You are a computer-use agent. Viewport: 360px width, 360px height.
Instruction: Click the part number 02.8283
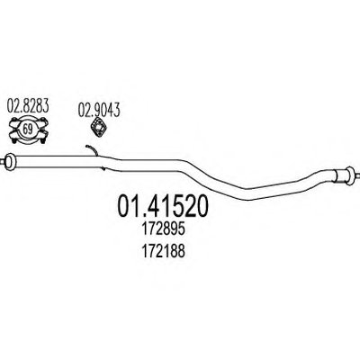pyautogui.click(x=28, y=106)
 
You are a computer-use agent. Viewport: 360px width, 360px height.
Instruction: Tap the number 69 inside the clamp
pyautogui.click(x=28, y=130)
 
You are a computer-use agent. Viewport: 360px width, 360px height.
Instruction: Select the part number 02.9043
pyautogui.click(x=99, y=110)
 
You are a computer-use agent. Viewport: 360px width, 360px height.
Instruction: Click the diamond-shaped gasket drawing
pyautogui.click(x=99, y=128)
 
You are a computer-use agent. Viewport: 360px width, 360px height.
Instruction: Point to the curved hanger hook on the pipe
pyautogui.click(x=93, y=148)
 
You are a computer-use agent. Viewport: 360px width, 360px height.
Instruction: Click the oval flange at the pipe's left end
pyautogui.click(x=11, y=160)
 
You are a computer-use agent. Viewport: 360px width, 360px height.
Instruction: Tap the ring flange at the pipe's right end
pyautogui.click(x=350, y=174)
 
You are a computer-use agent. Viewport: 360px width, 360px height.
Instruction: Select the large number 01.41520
pyautogui.click(x=162, y=206)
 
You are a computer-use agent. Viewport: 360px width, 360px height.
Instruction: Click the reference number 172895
pyautogui.click(x=162, y=229)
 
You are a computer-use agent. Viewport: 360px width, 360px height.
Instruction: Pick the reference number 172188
pyautogui.click(x=162, y=251)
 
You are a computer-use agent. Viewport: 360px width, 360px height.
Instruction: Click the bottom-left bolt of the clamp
pyautogui.click(x=14, y=139)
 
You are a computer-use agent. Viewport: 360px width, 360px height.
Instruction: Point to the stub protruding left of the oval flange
pyautogui.click(x=3, y=161)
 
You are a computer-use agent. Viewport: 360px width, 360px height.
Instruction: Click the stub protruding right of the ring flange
pyautogui.click(x=356, y=174)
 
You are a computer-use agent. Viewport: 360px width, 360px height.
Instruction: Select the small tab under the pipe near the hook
pyautogui.click(x=103, y=168)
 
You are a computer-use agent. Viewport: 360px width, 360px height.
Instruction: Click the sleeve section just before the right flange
pyautogui.click(x=340, y=175)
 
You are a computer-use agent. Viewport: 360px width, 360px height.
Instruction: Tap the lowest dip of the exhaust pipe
pyautogui.click(x=248, y=194)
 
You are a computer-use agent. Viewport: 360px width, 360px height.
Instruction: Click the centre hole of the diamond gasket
pyautogui.click(x=99, y=128)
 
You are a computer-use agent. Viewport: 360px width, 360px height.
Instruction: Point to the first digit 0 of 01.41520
pyautogui.click(x=123, y=206)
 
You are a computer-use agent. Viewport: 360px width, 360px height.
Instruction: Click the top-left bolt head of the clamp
pyautogui.click(x=14, y=121)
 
